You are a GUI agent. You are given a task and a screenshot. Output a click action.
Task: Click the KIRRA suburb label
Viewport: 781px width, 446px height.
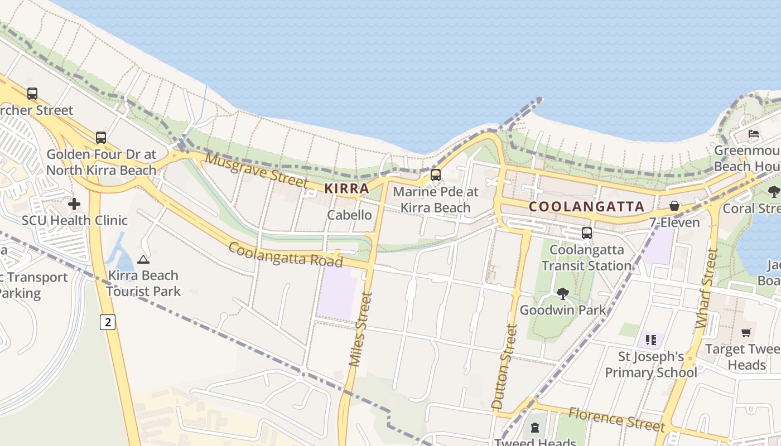(346, 188)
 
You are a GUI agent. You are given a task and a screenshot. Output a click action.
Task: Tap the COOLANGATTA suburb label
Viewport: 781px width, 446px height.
(586, 206)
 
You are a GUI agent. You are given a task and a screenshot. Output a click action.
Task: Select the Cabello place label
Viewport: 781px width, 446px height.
(349, 215)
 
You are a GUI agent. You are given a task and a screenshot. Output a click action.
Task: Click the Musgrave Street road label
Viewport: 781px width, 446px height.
(256, 170)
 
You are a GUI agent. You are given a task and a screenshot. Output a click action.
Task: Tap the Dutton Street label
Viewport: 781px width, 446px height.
(505, 366)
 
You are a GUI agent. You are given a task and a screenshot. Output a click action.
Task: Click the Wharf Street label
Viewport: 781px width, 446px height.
(706, 288)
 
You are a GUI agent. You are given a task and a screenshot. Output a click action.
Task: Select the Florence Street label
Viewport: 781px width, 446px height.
(616, 419)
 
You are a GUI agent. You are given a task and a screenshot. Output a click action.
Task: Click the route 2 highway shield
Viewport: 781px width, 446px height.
(108, 322)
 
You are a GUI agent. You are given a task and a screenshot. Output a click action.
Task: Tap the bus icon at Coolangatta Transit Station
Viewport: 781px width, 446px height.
(586, 233)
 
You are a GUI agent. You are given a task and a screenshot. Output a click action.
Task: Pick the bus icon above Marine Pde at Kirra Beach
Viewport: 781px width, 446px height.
(435, 175)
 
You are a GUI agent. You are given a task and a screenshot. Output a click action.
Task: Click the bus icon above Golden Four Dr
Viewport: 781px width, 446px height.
(100, 137)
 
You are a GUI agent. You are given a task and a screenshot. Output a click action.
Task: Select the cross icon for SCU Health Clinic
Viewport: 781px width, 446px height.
(74, 204)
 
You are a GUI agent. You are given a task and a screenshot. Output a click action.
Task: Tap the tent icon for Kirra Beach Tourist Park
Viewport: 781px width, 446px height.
(143, 259)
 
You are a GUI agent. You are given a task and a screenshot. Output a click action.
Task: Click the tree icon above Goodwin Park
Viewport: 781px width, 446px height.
(562, 293)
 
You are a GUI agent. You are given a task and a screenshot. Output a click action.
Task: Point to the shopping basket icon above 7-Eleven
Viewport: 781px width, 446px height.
(674, 206)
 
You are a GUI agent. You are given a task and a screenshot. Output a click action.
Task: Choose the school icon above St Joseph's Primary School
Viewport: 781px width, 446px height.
(650, 340)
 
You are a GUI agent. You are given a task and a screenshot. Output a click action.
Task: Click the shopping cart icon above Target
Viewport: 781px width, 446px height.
(746, 333)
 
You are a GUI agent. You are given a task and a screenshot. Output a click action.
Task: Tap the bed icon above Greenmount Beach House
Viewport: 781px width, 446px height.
(754, 134)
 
